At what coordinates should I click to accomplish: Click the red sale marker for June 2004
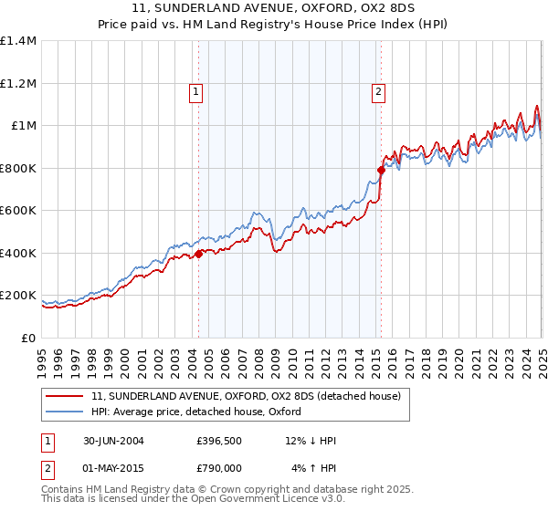click(x=198, y=255)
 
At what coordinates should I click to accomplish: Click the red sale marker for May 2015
click(x=381, y=169)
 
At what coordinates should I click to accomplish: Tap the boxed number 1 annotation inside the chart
click(x=195, y=90)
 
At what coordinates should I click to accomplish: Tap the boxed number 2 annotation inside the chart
click(x=377, y=90)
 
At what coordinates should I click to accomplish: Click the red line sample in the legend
click(x=66, y=397)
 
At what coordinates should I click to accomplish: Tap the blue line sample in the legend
click(x=66, y=412)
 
